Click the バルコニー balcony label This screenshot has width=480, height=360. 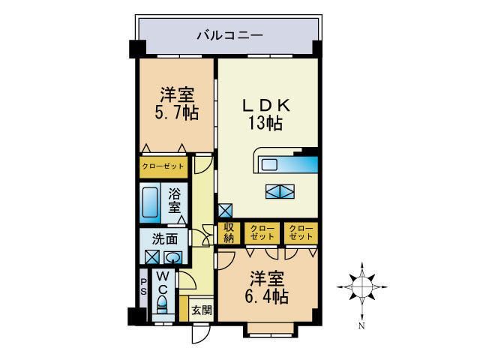[x=229, y=34]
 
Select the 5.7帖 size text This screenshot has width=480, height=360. [x=177, y=114]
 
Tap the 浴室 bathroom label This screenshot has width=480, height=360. [x=174, y=199]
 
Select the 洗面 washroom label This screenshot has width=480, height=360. [x=164, y=239]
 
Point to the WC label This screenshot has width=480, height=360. [x=163, y=281]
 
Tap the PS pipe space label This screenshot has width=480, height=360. [x=143, y=287]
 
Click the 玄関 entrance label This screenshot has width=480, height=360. [x=200, y=310]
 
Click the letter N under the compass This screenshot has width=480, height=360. [x=361, y=326]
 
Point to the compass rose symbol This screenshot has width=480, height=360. [x=361, y=286]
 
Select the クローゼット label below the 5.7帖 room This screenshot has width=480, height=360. [x=161, y=166]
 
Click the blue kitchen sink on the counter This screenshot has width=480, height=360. [x=307, y=164]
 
